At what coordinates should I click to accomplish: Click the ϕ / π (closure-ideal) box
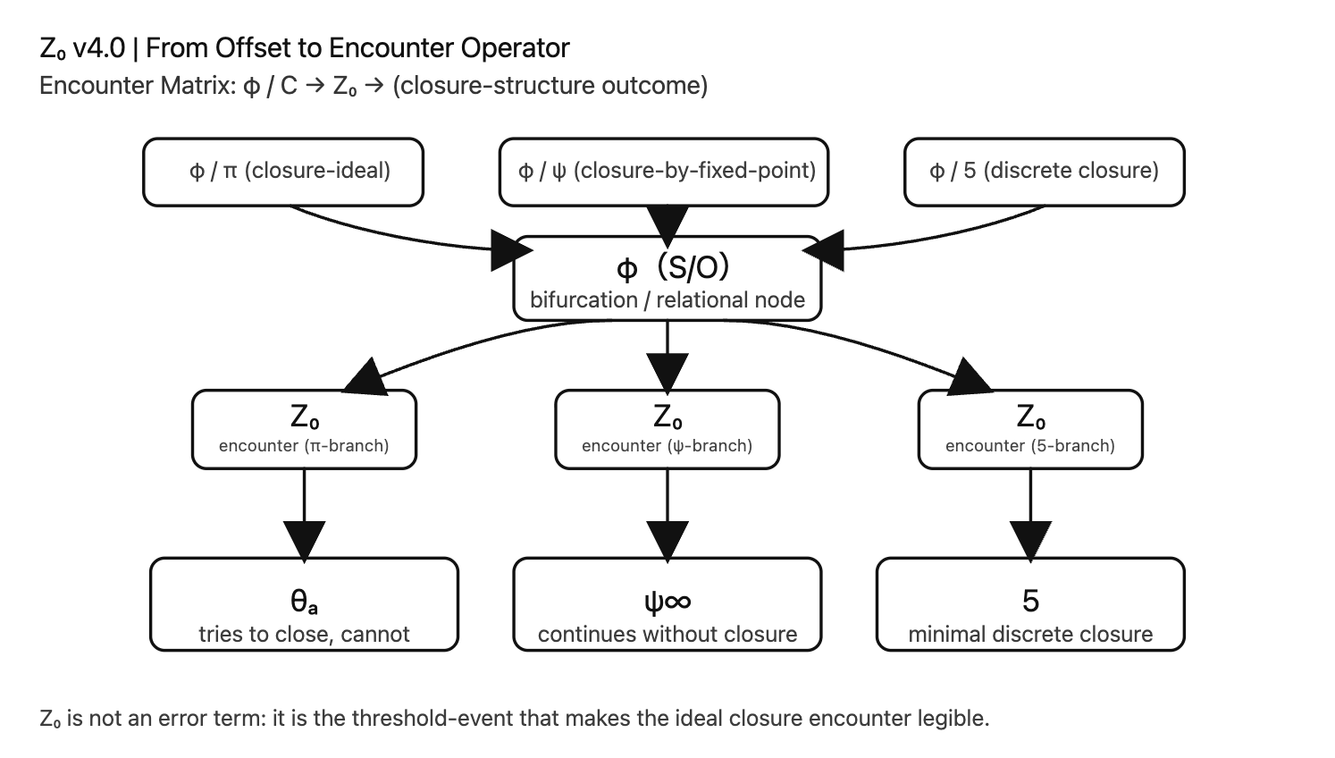[283, 172]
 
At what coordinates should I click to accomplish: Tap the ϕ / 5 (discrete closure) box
[1044, 172]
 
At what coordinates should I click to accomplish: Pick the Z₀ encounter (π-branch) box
[304, 429]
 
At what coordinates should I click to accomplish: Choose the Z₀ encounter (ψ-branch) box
[667, 429]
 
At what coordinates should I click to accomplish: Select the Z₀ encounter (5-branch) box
[1030, 429]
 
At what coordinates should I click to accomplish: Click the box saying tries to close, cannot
[304, 604]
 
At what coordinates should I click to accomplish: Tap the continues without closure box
[667, 604]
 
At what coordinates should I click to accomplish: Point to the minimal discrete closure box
[1030, 604]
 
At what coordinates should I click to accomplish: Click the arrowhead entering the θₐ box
[304, 541]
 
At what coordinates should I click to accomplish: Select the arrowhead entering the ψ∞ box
[667, 541]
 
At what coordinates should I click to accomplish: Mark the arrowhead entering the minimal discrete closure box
[1030, 541]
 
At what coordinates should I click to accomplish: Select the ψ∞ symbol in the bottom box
[667, 602]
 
